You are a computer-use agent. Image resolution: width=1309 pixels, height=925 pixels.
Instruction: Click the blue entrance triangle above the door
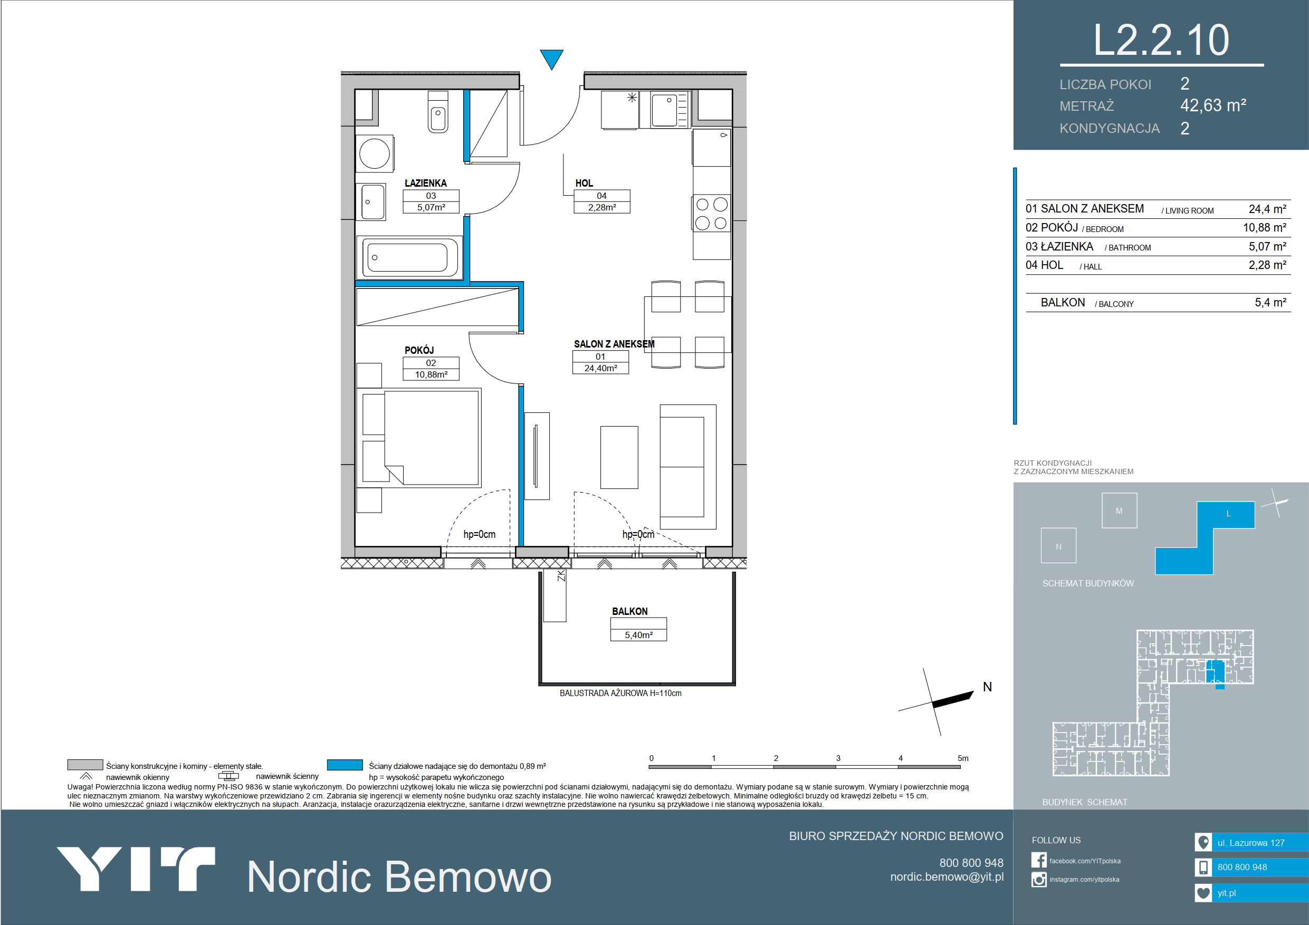point(551,58)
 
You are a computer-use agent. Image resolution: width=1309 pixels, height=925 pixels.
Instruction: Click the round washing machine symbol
point(375,153)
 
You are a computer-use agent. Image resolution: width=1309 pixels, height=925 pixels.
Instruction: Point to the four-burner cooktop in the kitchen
point(712,213)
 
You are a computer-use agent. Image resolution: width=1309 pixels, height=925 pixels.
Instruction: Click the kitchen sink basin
point(664,110)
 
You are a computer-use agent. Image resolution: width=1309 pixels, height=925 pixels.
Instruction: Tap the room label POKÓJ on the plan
point(419,350)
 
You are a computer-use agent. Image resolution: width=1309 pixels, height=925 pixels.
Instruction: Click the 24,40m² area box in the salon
point(600,368)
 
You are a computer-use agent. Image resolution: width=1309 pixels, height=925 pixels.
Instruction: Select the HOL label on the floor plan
point(584,183)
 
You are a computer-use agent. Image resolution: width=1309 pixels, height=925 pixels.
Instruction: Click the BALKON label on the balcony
point(629,612)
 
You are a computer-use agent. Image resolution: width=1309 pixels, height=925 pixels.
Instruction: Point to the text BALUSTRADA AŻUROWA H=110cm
point(620,693)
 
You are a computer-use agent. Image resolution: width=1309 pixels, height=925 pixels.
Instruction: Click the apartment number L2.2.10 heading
point(1161,40)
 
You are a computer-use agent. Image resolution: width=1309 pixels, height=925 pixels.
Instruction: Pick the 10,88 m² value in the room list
point(1265,228)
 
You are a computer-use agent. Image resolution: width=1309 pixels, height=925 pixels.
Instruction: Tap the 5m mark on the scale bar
point(963,758)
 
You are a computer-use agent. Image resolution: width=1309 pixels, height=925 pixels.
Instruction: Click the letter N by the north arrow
point(988,687)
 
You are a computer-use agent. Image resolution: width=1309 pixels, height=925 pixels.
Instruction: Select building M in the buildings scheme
point(1119,510)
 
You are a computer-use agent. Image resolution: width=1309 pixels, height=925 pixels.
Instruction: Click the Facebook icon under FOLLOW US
point(1039,860)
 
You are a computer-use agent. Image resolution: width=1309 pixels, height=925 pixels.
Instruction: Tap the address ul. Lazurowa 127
point(1251,843)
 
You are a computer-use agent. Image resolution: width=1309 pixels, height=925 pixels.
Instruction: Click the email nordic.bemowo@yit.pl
point(947,877)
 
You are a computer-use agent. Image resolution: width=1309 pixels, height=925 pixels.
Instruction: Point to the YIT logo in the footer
point(136,869)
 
